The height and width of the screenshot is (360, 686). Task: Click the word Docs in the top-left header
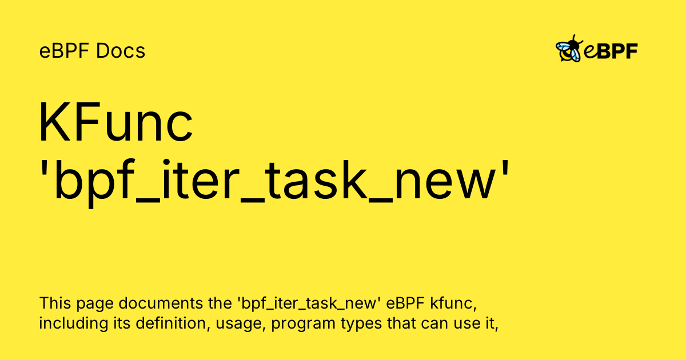coord(121,51)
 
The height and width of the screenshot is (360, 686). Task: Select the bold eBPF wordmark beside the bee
coord(611,51)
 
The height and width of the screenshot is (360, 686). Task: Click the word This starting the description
coord(54,303)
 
